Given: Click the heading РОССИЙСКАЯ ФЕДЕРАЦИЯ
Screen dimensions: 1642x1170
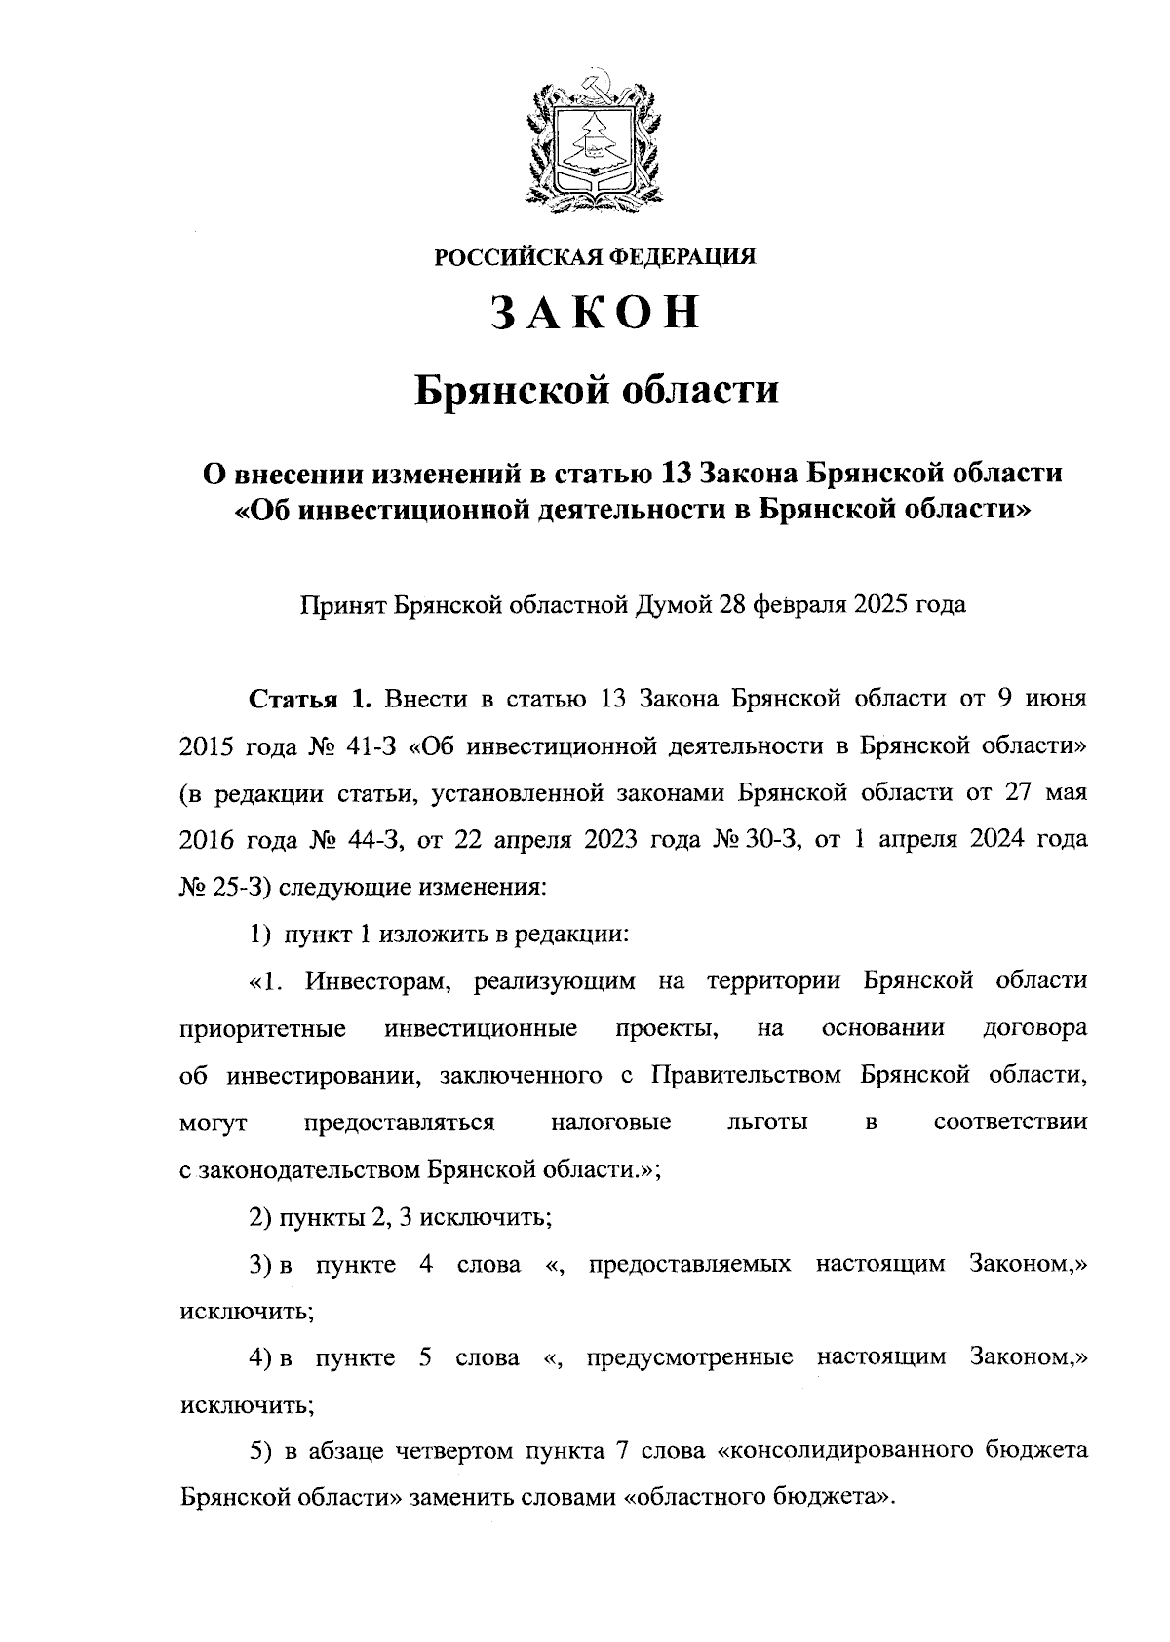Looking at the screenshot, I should point(595,257).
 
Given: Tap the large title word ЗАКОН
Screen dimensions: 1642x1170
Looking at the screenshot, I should point(595,314).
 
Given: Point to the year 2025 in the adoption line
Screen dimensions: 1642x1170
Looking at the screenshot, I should point(879,606).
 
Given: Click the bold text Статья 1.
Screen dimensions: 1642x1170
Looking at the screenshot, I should point(311,700).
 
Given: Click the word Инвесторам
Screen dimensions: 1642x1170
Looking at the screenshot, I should point(377,981).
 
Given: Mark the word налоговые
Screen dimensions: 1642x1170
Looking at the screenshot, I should point(611,1123).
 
